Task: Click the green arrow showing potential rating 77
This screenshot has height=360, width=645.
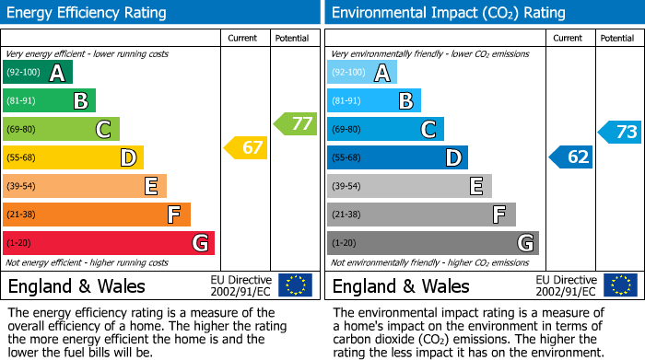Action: coord(296,123)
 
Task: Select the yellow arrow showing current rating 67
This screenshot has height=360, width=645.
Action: coord(247,147)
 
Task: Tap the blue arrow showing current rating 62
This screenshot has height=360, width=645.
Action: coord(571,157)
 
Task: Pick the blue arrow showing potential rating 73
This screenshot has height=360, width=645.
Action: coord(620,132)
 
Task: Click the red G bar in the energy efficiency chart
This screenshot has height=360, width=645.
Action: coord(109,243)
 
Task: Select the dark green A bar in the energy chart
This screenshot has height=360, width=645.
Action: coord(38,73)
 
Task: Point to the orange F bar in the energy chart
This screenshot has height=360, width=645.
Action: coord(97,215)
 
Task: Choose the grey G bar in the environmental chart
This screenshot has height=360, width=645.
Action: coord(432,243)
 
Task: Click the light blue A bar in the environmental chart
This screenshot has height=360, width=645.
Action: coord(362,73)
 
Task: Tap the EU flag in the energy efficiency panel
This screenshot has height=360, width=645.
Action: coord(295,285)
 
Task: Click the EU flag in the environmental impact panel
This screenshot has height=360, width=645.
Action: coord(619,285)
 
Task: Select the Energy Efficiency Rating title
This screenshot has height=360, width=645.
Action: coord(87,13)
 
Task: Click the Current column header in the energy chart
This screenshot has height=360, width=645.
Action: coord(244,38)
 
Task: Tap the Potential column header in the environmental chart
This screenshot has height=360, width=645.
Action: coord(617,38)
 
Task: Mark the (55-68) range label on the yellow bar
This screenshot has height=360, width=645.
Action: coord(21,158)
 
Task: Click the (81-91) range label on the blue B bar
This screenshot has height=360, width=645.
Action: coord(346,101)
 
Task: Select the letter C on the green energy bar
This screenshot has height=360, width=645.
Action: coord(104,130)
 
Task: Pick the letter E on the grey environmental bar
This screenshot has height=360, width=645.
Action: coord(476,187)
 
